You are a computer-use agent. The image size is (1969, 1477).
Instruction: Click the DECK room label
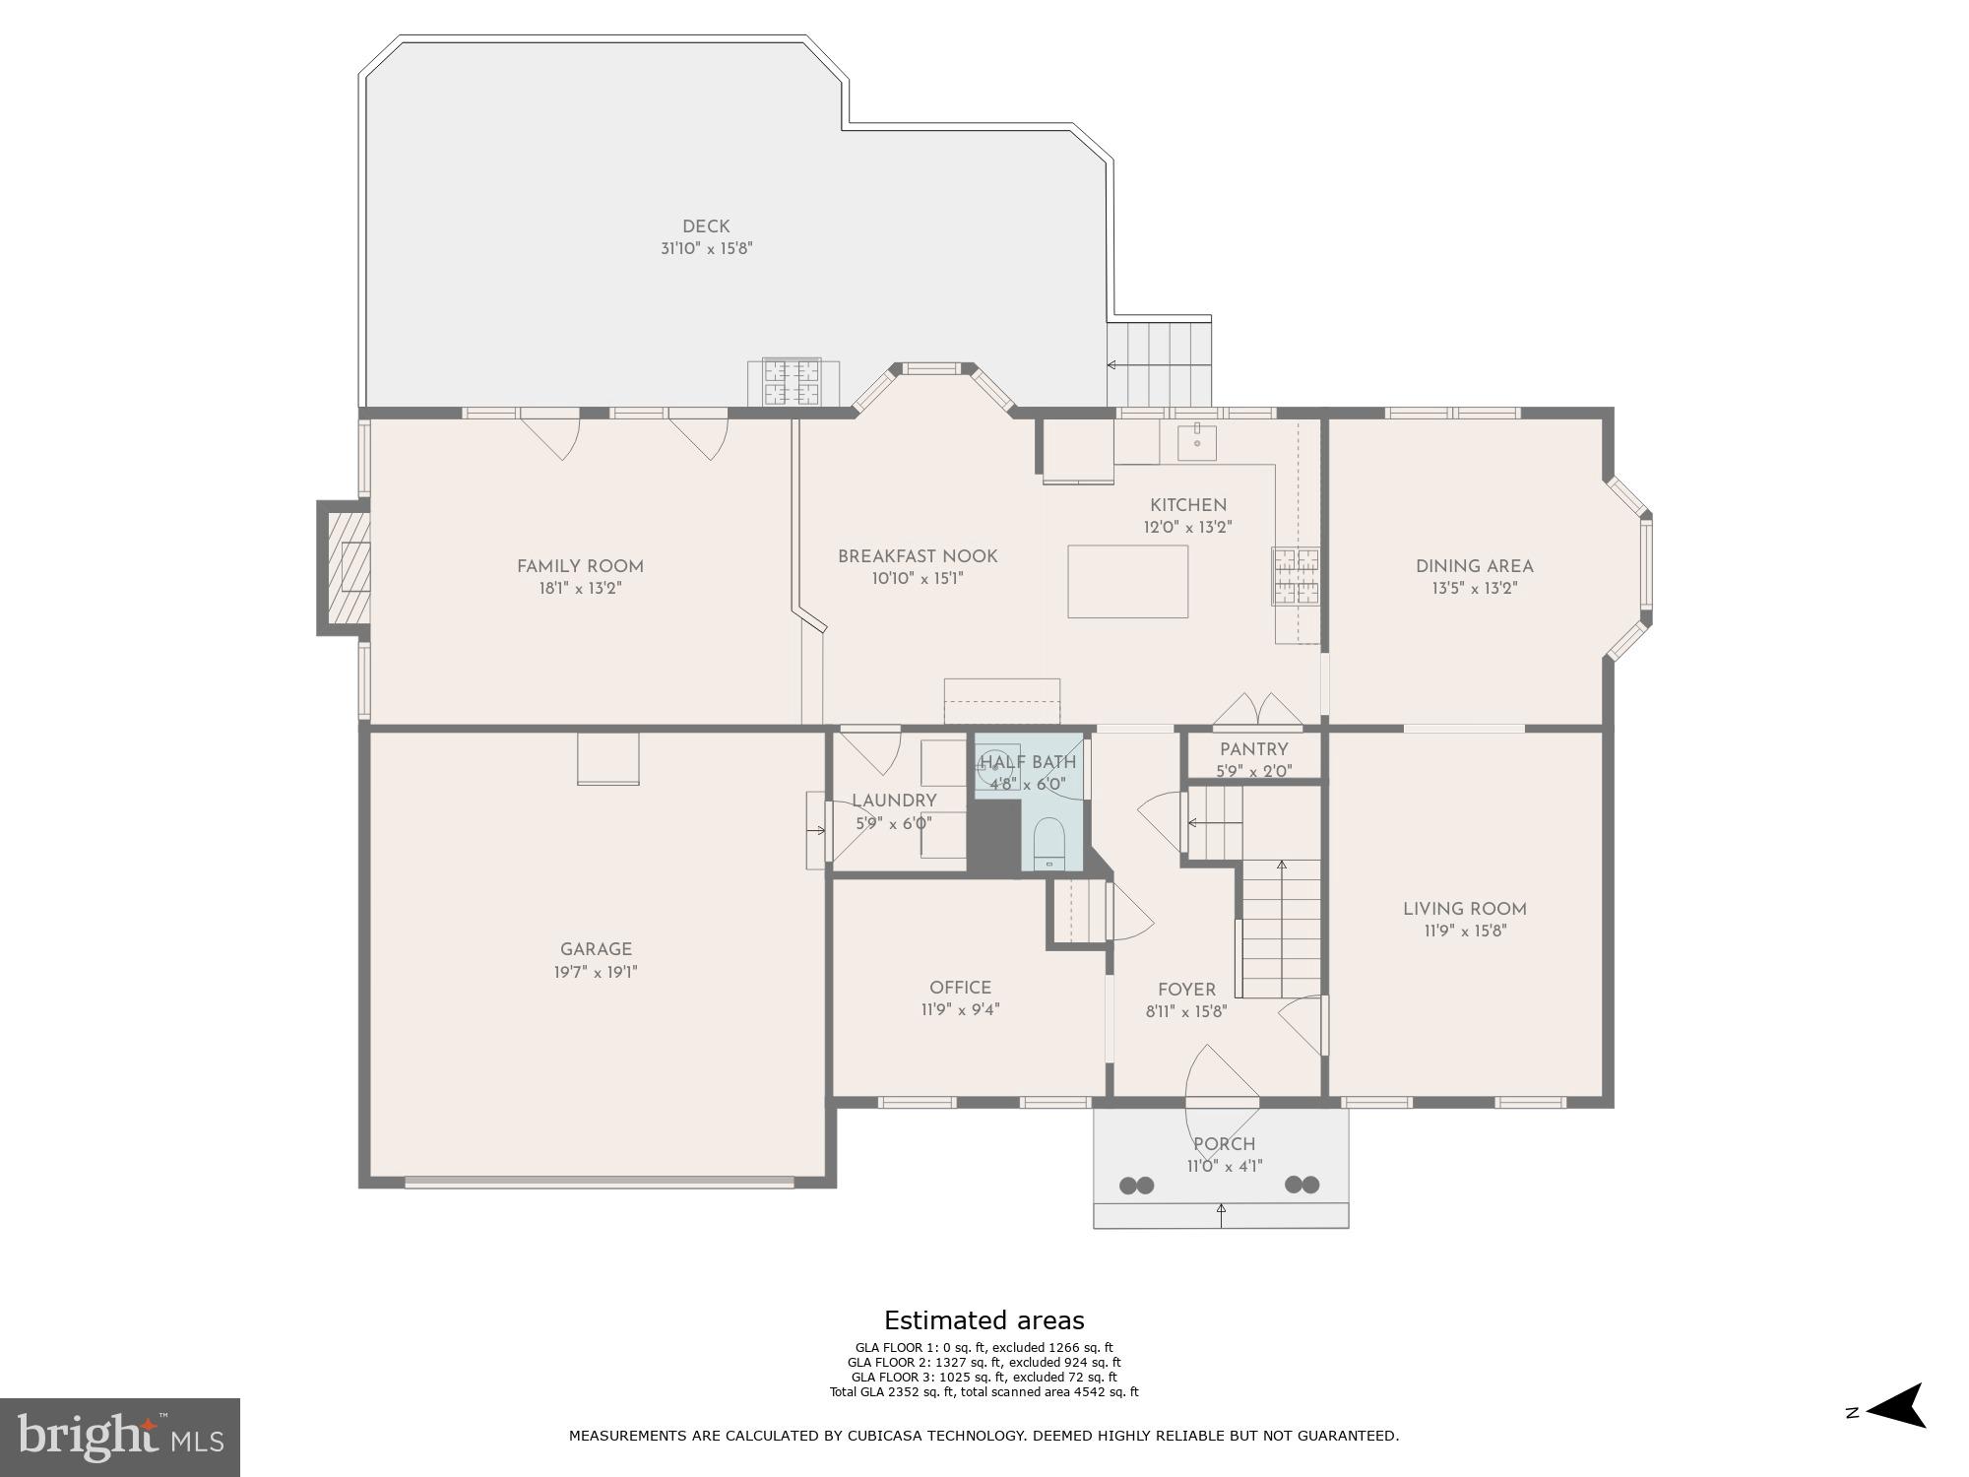coord(706,226)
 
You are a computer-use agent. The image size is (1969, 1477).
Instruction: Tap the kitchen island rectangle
coord(1127,581)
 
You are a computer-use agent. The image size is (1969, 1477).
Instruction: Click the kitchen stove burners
coord(1296,576)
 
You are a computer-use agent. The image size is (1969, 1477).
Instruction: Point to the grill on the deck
coord(793,383)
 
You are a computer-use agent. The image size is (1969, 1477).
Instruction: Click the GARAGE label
coord(596,949)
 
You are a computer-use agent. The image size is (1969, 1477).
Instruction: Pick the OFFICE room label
coord(960,988)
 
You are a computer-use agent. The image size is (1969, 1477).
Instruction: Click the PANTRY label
coord(1253,749)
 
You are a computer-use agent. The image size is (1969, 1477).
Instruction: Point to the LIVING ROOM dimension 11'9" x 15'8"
coord(1465,931)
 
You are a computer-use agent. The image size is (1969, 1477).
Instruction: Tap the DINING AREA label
coord(1474,566)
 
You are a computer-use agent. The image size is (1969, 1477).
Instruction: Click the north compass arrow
coord(1894,1406)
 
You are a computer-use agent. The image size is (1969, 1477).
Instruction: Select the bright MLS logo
coord(120,1437)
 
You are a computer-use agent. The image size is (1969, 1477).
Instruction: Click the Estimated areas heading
coord(984,1320)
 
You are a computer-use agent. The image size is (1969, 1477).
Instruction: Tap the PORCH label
coord(1224,1144)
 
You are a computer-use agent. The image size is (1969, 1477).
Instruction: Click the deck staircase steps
coord(1159,363)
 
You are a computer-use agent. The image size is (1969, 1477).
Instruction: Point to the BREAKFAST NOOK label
coord(918,556)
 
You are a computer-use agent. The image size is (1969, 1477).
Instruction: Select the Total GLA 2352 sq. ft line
coord(984,1392)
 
